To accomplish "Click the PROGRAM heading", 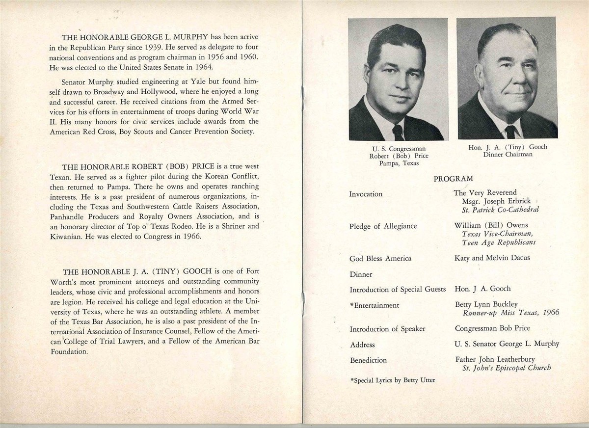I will coord(453,179).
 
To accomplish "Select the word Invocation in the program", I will coord(366,194).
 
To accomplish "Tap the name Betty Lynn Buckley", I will coord(486,305).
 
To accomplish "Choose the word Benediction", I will coord(368,360).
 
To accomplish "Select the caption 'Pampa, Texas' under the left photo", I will coord(399,163).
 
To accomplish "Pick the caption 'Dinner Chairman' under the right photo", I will coord(507,154).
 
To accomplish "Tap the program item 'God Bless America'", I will coord(380,258).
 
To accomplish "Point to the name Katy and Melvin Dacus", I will coord(492,258).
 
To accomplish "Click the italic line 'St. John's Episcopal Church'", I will coord(507,368).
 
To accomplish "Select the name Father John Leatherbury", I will coord(494,360).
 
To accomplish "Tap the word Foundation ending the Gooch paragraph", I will coord(68,352).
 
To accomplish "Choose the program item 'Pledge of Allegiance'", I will coord(383,226).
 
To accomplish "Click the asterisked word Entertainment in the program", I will coord(375,305).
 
